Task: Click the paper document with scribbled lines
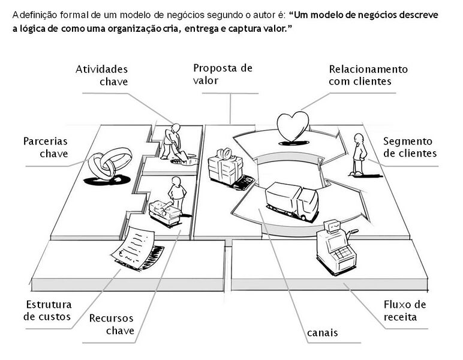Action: tap(136, 247)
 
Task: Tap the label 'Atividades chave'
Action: tap(101, 76)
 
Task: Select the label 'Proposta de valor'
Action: tap(223, 74)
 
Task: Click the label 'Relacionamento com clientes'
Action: tap(368, 75)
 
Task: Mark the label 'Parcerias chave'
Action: tap(46, 148)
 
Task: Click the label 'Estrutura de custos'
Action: tap(49, 310)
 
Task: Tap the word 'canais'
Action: tap(322, 332)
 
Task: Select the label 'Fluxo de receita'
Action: tap(405, 310)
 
